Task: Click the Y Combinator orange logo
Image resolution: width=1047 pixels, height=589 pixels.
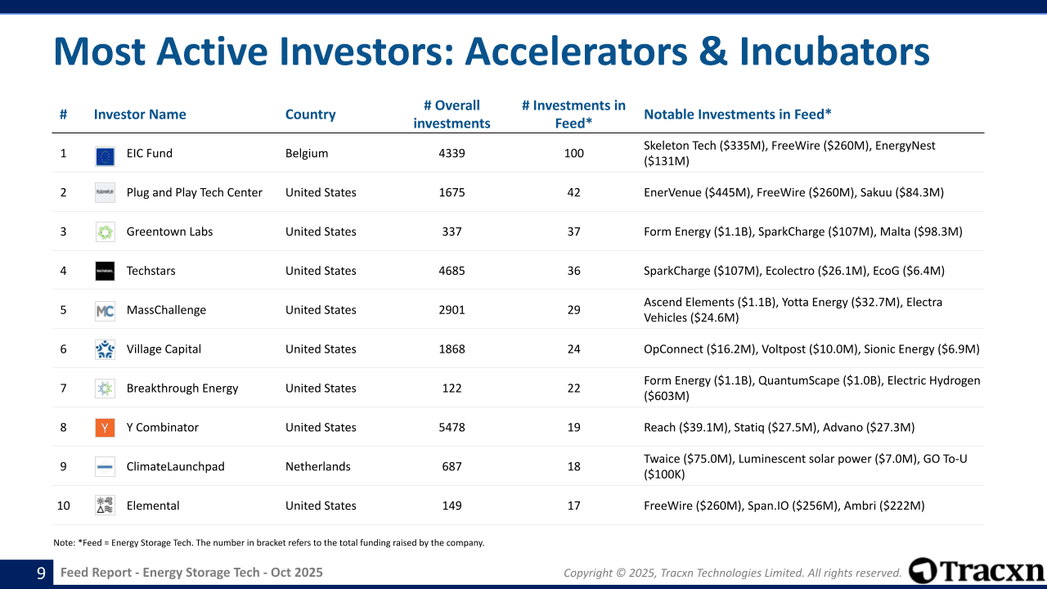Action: point(105,427)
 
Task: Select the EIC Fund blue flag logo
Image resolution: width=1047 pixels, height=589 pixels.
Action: point(105,156)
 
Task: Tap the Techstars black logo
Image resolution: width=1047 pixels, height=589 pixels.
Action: point(105,271)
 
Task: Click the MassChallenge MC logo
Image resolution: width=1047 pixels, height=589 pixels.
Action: point(105,311)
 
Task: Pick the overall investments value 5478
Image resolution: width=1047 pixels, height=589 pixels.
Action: point(452,427)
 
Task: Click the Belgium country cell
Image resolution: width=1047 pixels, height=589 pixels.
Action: point(307,153)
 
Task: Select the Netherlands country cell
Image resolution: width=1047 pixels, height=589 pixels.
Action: point(318,466)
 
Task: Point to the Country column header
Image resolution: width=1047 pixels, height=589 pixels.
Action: point(310,115)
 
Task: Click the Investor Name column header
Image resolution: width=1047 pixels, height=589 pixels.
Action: point(140,115)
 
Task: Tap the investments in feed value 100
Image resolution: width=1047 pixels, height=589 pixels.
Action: point(573,153)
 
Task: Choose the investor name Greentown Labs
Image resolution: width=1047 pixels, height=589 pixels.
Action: point(169,232)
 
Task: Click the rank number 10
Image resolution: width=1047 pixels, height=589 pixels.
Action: point(63,506)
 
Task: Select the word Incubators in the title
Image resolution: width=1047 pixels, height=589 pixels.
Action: point(834,51)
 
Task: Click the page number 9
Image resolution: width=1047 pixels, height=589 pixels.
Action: point(41,573)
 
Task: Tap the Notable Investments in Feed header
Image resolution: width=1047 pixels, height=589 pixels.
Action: point(738,115)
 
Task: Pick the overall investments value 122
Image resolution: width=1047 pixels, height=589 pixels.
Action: point(452,388)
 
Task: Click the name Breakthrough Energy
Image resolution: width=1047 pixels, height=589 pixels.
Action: point(182,389)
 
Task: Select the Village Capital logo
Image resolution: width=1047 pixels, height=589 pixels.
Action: point(105,349)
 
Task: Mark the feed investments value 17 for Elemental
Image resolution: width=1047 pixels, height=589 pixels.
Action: point(573,506)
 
